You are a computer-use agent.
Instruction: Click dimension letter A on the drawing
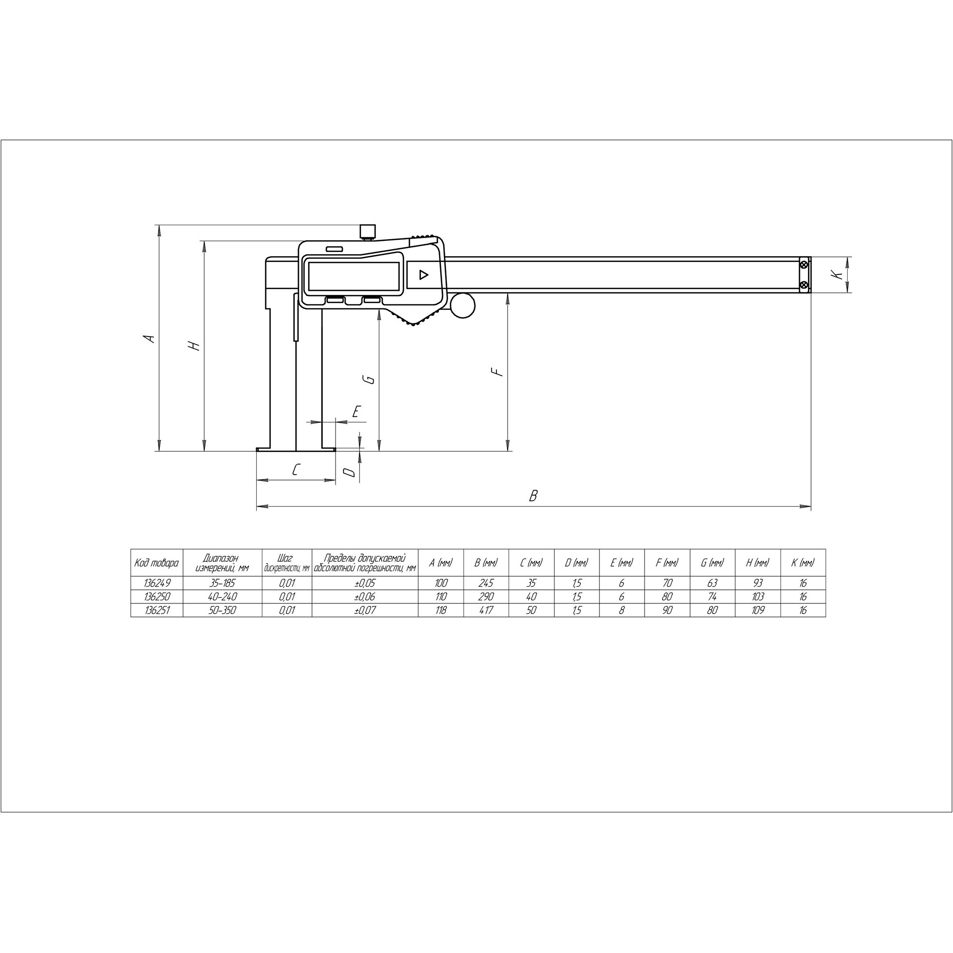[149, 339]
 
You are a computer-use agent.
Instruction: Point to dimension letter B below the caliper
[534, 496]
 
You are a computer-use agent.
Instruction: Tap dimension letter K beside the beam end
[834, 274]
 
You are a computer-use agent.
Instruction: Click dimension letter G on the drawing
[370, 379]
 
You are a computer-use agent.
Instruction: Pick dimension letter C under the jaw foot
[296, 469]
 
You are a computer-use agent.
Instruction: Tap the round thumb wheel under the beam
[462, 305]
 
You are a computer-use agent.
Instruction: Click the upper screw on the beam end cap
[805, 264]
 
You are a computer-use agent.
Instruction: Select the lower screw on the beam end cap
[805, 285]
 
